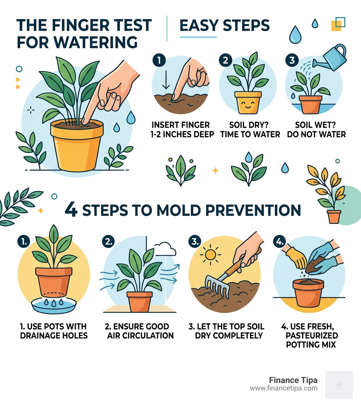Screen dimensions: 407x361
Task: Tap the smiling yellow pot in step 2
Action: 248,102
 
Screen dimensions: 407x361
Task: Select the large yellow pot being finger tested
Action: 77,145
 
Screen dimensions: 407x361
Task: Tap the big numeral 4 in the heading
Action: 71,210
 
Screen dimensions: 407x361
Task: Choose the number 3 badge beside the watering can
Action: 292,60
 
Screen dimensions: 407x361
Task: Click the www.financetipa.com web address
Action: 283,388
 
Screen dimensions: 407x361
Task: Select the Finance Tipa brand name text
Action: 293,380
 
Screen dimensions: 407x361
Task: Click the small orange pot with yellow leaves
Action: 334,216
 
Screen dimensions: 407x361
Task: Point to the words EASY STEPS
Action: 225,25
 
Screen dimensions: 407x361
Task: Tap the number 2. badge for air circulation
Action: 108,241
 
